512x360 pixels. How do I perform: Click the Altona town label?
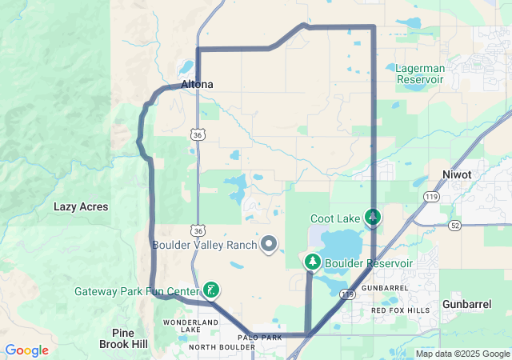[x=197, y=84]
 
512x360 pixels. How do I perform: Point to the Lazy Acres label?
[x=81, y=206]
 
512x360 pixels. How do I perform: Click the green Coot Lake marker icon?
[x=372, y=217]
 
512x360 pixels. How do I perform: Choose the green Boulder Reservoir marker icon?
[x=311, y=262]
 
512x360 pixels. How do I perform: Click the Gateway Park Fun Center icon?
[x=211, y=290]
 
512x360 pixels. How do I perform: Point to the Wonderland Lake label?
[x=190, y=326]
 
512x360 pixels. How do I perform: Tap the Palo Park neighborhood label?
[x=265, y=338]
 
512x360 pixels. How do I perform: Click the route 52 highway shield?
[x=454, y=226]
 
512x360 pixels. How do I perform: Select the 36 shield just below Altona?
[x=198, y=135]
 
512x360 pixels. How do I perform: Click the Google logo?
[x=26, y=350]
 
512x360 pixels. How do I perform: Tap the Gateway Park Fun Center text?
[x=137, y=291]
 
